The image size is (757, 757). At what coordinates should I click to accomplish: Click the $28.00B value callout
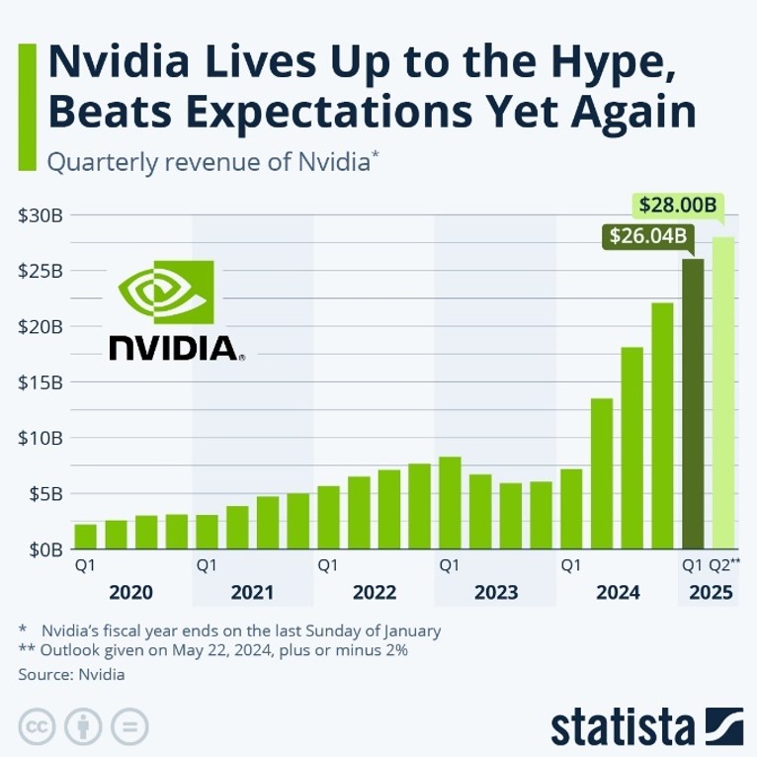point(677,207)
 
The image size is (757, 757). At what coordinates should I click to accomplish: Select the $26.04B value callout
point(646,237)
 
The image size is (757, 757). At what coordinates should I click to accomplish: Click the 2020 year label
point(130,593)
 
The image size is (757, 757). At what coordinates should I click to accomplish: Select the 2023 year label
point(495,593)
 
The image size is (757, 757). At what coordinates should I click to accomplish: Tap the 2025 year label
point(711,593)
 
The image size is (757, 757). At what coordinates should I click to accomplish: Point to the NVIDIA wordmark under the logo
point(174,347)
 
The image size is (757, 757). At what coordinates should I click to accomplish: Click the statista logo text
point(623,726)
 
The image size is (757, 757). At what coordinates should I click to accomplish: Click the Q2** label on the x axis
point(725,566)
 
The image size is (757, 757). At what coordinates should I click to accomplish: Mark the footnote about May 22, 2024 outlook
point(212,650)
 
